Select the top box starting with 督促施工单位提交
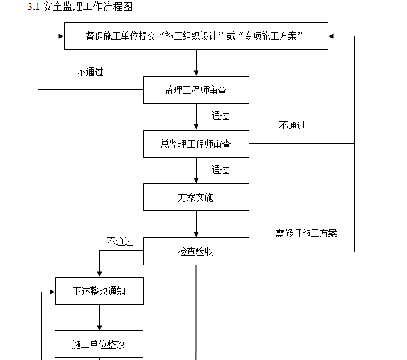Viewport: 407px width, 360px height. (196, 36)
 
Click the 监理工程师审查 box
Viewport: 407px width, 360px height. (196, 90)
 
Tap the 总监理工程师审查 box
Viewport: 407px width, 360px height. (196, 144)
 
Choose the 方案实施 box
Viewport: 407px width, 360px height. (196, 197)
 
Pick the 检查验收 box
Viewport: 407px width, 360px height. (196, 251)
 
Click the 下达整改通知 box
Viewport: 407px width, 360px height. (99, 291)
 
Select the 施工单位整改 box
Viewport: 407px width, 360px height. (99, 344)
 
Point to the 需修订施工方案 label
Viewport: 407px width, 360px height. (306, 233)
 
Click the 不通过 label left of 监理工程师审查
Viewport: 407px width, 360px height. (90, 72)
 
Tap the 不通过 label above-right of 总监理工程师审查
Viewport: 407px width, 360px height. (292, 126)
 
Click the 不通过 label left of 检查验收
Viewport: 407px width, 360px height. (119, 241)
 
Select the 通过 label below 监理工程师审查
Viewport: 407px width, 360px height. (220, 116)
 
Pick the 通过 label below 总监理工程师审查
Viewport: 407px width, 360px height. (220, 170)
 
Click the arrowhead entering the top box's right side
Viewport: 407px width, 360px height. (332, 36)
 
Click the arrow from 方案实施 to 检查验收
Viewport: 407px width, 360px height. (196, 224)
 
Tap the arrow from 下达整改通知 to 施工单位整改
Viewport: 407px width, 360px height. (99, 318)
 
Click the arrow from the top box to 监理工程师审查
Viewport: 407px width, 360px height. (196, 63)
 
